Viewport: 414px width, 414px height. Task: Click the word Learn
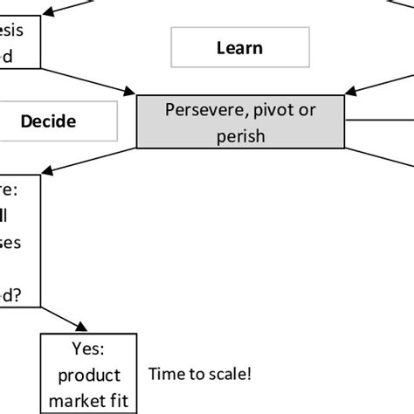[x=238, y=47]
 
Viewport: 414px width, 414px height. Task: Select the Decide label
[x=48, y=121]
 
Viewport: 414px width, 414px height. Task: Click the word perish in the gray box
[x=239, y=135]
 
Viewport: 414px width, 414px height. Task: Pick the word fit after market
[x=114, y=402]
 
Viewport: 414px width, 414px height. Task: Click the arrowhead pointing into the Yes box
[x=81, y=328]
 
